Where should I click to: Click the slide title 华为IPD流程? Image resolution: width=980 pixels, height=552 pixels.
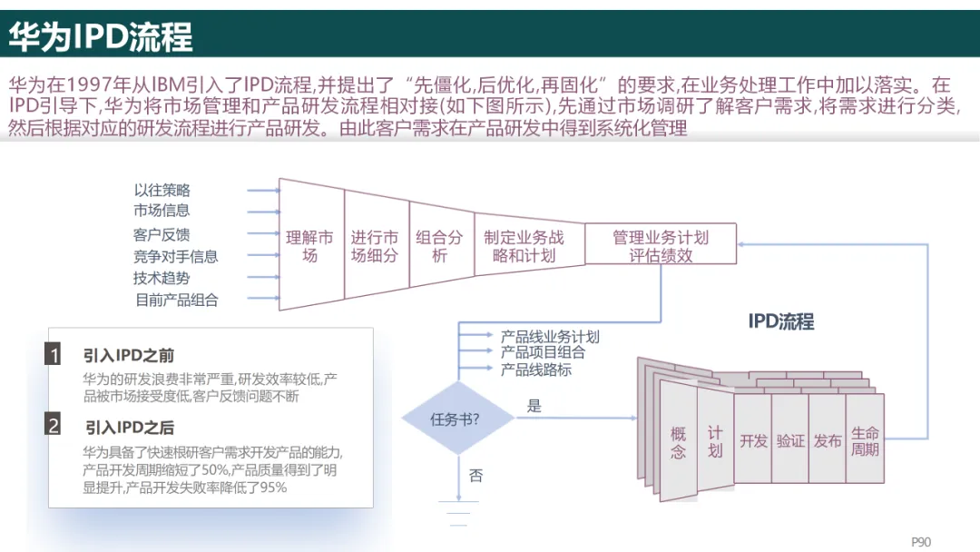(x=101, y=37)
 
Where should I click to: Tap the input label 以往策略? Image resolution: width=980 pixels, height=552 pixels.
(x=162, y=191)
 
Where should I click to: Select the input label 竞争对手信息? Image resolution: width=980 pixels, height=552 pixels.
(x=176, y=256)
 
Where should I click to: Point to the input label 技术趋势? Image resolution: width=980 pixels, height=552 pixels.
(x=162, y=278)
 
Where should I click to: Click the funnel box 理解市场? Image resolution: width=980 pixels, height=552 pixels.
(x=309, y=246)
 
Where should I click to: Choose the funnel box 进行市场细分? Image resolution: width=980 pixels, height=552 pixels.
(x=375, y=246)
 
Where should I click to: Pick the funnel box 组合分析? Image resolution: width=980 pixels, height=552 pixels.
(x=439, y=246)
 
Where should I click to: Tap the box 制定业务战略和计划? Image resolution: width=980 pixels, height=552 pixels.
(x=524, y=246)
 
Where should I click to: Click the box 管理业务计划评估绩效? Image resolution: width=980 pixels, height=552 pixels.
(x=660, y=246)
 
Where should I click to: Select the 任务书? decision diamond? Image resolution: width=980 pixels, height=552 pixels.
(x=455, y=419)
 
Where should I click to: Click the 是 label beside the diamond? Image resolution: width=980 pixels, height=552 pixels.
(x=534, y=406)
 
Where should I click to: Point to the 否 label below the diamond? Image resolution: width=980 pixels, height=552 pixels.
(x=475, y=476)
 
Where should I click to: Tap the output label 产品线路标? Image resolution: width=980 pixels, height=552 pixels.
(x=536, y=370)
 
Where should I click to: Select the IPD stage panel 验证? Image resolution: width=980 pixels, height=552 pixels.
(x=790, y=440)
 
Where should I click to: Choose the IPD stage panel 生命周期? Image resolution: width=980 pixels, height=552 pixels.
(x=865, y=440)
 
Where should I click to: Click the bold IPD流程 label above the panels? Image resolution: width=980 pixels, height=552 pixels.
(x=780, y=321)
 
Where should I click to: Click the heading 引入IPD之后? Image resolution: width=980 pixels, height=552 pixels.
(x=129, y=427)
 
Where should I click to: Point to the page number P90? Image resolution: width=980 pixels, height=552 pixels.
(x=921, y=542)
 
